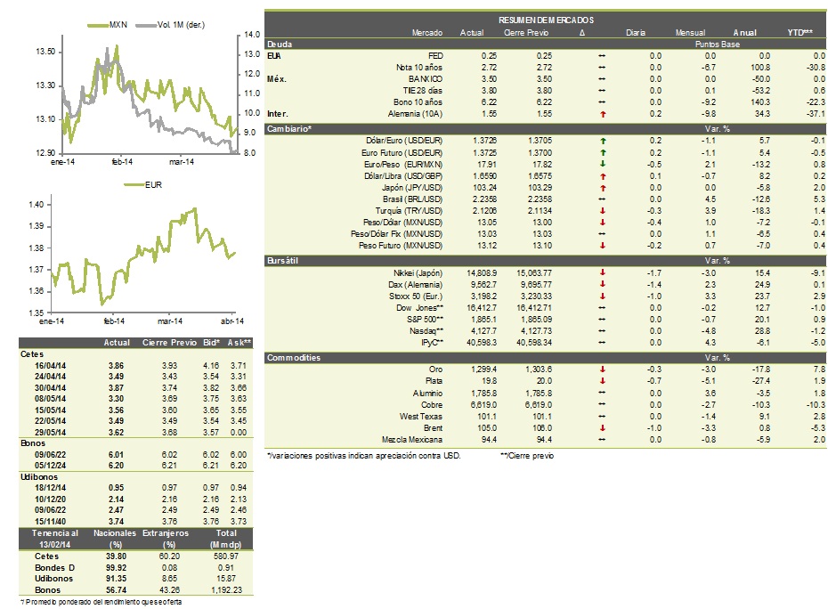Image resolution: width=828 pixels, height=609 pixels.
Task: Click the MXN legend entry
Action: [107, 25]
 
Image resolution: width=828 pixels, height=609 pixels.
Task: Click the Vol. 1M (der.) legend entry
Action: [170, 25]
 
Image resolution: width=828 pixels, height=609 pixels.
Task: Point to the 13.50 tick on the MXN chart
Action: [45, 52]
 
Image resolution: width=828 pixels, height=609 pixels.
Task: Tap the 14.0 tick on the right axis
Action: [252, 35]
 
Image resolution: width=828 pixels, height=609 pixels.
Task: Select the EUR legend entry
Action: [143, 185]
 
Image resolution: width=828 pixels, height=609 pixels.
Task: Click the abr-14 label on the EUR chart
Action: [232, 321]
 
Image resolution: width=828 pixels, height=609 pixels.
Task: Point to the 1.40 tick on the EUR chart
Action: [37, 205]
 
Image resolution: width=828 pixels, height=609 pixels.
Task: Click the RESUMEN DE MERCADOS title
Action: [546, 20]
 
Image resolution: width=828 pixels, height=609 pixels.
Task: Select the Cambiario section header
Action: [289, 129]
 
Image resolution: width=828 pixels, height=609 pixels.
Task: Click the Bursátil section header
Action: [282, 260]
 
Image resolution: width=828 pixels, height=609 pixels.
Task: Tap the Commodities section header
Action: [294, 358]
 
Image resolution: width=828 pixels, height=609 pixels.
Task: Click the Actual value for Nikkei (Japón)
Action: [482, 273]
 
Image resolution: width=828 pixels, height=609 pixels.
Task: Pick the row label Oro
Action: [435, 369]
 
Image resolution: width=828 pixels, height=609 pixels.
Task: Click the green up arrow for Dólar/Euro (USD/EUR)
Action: [603, 141]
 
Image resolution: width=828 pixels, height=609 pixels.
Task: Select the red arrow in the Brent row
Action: [603, 428]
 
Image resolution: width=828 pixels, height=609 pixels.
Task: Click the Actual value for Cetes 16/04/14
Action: [116, 366]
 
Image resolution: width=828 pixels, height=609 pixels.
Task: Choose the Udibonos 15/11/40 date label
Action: [50, 522]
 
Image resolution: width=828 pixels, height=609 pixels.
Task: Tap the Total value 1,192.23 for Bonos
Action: [226, 590]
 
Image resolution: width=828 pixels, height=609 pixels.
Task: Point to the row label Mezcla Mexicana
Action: [412, 440]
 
